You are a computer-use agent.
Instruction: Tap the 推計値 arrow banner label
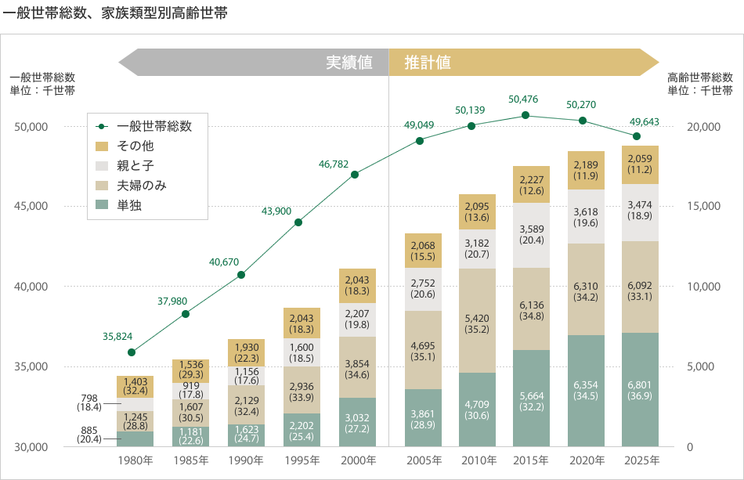pyautogui.click(x=428, y=63)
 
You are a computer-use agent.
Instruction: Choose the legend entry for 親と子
pyautogui.click(x=135, y=165)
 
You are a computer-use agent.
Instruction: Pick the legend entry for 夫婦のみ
pyautogui.click(x=141, y=186)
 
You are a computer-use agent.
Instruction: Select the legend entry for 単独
pyautogui.click(x=129, y=205)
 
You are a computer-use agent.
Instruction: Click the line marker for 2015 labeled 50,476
pyautogui.click(x=525, y=115)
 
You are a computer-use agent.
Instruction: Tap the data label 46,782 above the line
pyautogui.click(x=334, y=164)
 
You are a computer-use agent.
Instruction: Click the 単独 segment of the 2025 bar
pyautogui.click(x=640, y=389)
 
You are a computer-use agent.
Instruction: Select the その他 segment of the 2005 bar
pyautogui.click(x=423, y=251)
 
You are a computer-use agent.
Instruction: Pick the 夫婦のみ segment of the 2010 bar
pyautogui.click(x=477, y=320)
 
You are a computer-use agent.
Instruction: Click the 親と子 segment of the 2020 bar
pyautogui.click(x=586, y=216)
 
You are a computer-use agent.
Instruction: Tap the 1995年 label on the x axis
pyautogui.click(x=302, y=460)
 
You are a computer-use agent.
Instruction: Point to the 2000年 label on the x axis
pyautogui.click(x=357, y=460)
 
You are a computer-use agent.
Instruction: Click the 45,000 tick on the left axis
pyautogui.click(x=32, y=206)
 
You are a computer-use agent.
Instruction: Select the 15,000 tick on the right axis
pyautogui.click(x=702, y=206)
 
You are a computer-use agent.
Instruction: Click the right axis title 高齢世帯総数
pyautogui.click(x=700, y=78)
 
